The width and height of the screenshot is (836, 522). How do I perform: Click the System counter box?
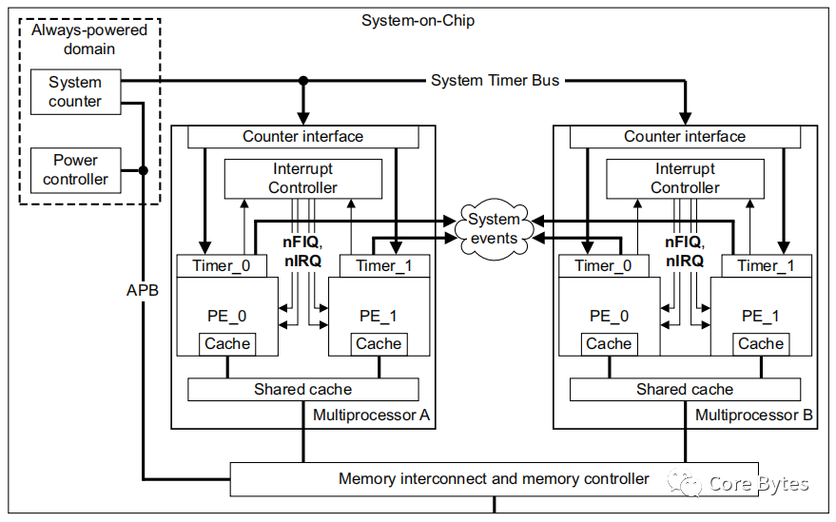coord(75,91)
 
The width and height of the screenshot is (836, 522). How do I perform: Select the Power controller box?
coord(75,169)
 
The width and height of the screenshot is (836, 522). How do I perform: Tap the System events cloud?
coord(495,228)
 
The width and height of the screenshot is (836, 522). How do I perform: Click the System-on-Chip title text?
coord(418,20)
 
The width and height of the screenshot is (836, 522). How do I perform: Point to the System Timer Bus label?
coord(495,81)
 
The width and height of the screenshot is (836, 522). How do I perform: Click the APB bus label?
coord(143,289)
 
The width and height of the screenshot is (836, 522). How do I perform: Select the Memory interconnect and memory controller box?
coord(494,478)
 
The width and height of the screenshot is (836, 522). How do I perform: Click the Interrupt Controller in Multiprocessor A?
coord(302,178)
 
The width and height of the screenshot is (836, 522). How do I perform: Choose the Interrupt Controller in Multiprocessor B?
coord(685,178)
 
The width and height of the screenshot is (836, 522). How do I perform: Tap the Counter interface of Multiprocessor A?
coord(302,137)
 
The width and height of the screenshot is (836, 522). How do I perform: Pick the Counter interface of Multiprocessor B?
coord(685,137)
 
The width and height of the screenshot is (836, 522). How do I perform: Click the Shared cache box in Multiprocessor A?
coord(302,389)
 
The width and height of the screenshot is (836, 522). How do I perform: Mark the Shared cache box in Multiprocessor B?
coord(685,389)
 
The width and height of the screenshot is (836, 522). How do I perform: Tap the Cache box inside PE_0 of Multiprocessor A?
coord(227,344)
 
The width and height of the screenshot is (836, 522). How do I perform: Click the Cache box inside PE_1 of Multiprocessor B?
coord(761,344)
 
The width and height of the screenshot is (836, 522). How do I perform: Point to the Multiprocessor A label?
coord(371,416)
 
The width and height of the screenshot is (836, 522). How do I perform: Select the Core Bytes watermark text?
coord(758,484)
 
